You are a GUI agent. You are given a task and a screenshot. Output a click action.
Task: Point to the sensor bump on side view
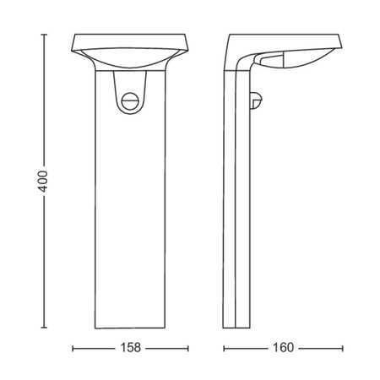255,100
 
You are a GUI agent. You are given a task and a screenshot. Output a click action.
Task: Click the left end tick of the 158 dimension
73,347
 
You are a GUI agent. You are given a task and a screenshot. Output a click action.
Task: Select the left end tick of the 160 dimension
223,347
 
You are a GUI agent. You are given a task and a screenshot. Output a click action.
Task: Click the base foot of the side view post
237,326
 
